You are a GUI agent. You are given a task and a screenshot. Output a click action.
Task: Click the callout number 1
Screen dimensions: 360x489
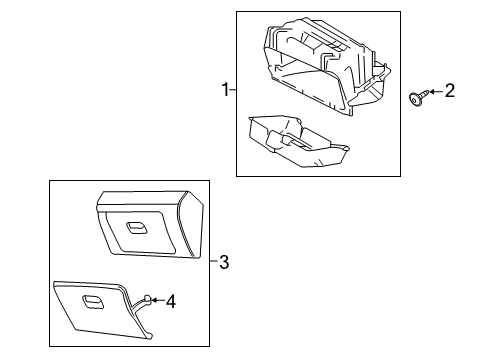(225, 90)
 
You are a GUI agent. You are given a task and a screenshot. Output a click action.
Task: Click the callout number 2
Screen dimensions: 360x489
(450, 92)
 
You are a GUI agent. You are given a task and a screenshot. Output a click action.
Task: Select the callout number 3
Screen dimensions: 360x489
(223, 262)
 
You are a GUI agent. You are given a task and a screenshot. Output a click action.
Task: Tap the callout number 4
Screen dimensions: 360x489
(170, 299)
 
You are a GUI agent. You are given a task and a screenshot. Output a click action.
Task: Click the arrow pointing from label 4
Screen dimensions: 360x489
(157, 299)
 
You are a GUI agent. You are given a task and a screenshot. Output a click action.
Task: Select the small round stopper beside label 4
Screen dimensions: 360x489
(147, 298)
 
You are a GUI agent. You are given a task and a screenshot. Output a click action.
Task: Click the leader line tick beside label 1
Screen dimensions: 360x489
(233, 90)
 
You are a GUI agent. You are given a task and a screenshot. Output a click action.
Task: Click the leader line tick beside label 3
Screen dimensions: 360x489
(213, 262)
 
